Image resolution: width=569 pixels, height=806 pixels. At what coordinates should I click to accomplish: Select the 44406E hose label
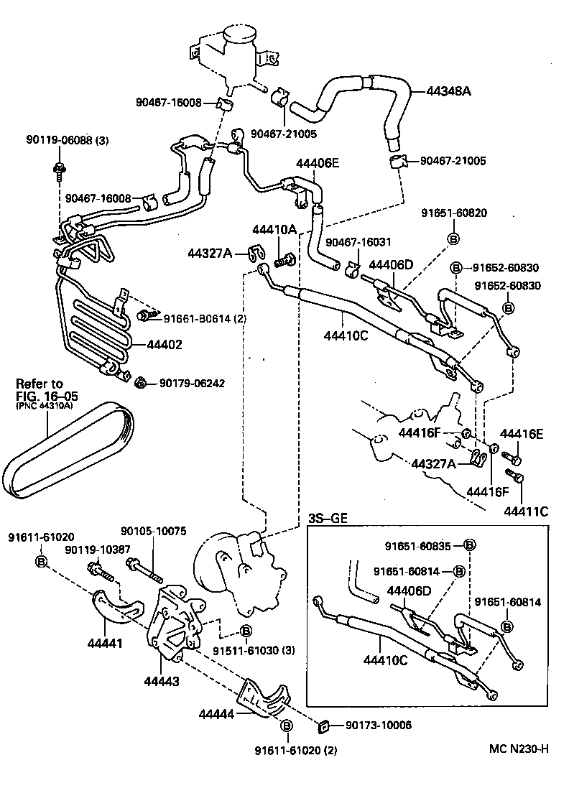[315, 163]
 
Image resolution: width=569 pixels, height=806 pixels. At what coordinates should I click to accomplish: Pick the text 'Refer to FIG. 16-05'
[47, 389]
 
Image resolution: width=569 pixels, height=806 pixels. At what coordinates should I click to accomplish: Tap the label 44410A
[274, 229]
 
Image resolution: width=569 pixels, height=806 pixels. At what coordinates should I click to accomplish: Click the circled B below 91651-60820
[454, 238]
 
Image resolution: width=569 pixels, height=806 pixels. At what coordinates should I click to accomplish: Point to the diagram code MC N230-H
[514, 749]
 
